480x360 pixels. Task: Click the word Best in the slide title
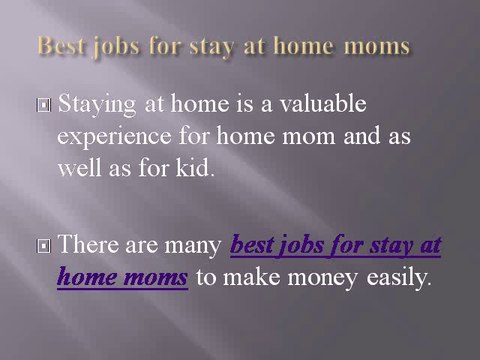coord(58,46)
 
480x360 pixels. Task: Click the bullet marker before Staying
coord(47,104)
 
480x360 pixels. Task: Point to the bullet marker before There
coord(47,246)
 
